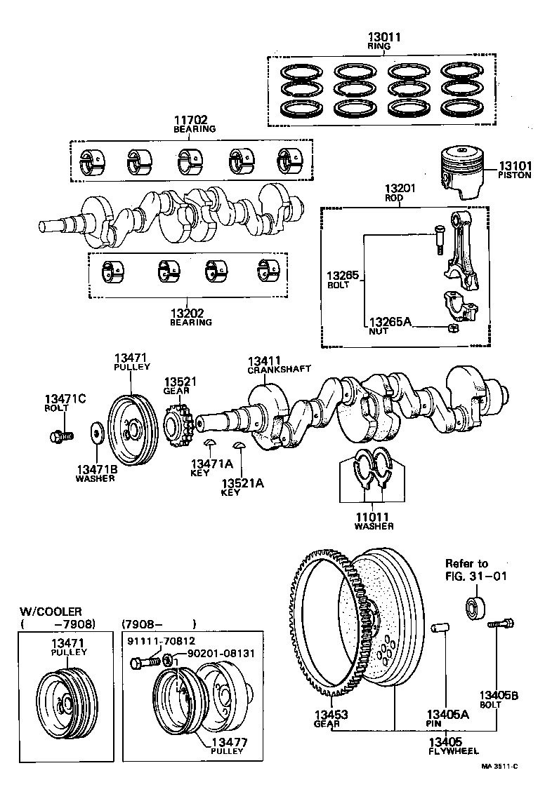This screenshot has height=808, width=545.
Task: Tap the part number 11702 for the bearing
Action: tap(195, 120)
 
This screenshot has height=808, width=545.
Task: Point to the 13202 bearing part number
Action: tap(190, 313)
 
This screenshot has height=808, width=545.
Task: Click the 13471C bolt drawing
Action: tap(61, 437)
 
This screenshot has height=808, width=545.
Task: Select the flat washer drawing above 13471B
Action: tap(96, 433)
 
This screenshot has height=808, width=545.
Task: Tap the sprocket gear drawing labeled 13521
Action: tap(177, 423)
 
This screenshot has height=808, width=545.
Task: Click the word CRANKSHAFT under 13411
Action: tap(269, 369)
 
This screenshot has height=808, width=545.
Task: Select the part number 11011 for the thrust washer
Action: tap(373, 516)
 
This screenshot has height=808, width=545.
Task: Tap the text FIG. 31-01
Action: tap(475, 577)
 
